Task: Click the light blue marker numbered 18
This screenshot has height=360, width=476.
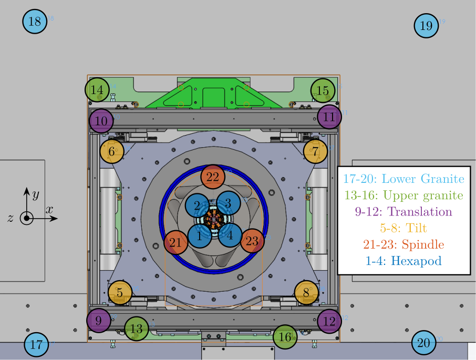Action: (x=35, y=22)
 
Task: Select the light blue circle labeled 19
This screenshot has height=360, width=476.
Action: (x=426, y=25)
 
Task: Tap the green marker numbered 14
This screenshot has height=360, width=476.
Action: (x=97, y=90)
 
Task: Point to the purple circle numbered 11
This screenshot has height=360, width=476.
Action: (x=329, y=117)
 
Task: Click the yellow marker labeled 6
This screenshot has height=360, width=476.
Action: (x=112, y=151)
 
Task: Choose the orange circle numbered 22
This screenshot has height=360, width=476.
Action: (x=213, y=177)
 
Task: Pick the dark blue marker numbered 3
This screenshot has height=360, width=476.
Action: (x=228, y=203)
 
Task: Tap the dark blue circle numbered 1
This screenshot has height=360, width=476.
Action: (x=199, y=236)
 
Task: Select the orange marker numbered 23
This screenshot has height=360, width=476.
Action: (x=253, y=242)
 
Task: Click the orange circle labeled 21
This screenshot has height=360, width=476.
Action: (x=177, y=242)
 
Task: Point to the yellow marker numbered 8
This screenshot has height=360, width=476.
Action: (x=306, y=293)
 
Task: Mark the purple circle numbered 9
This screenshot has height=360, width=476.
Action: (x=99, y=320)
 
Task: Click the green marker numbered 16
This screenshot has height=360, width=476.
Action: (x=285, y=337)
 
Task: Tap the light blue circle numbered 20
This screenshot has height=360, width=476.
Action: (x=423, y=344)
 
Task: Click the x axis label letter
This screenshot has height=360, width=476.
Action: (x=49, y=209)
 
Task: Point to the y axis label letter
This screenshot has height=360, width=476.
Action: (x=36, y=195)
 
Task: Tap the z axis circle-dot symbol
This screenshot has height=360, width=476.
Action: (x=26, y=218)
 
